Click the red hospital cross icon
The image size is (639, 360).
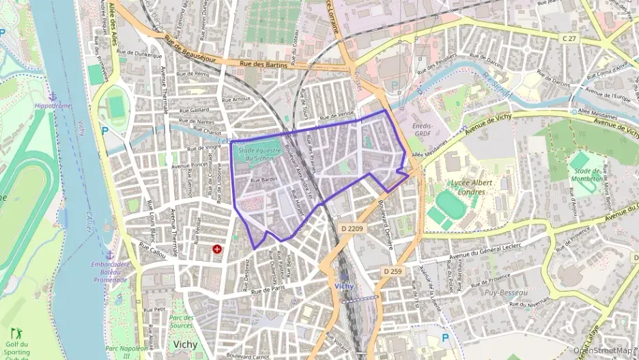point(217,250)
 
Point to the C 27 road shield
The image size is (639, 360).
point(570,40)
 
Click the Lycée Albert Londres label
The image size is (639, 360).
point(467,187)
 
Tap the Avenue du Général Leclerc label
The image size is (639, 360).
point(484,252)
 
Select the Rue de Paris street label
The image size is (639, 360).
point(267,290)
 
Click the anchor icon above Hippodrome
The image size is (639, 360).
point(52,97)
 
